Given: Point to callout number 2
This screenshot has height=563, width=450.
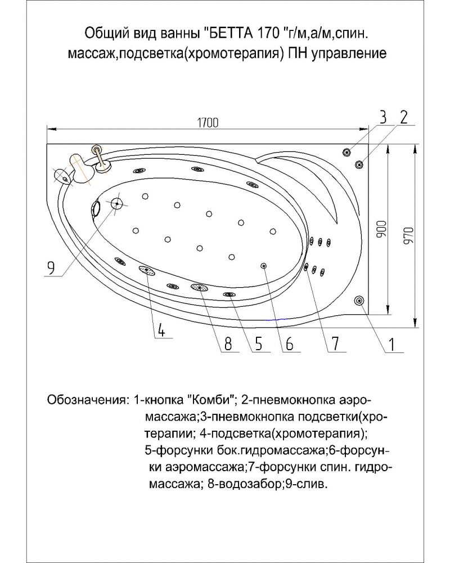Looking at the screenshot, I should click(x=403, y=117).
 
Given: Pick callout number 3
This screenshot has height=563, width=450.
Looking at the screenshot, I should click(x=382, y=117).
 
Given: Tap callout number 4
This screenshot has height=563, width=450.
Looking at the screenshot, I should click(x=161, y=330).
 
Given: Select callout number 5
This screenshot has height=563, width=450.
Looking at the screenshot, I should click(x=259, y=343).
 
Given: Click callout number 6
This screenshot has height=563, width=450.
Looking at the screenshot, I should click(x=289, y=343).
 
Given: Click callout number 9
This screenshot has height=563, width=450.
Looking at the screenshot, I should click(x=51, y=267).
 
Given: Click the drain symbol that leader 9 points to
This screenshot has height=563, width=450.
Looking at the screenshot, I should click(x=117, y=204).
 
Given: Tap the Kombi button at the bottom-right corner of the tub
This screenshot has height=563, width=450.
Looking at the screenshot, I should click(x=359, y=300).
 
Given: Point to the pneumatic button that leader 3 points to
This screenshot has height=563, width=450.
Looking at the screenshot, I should click(x=346, y=151).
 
